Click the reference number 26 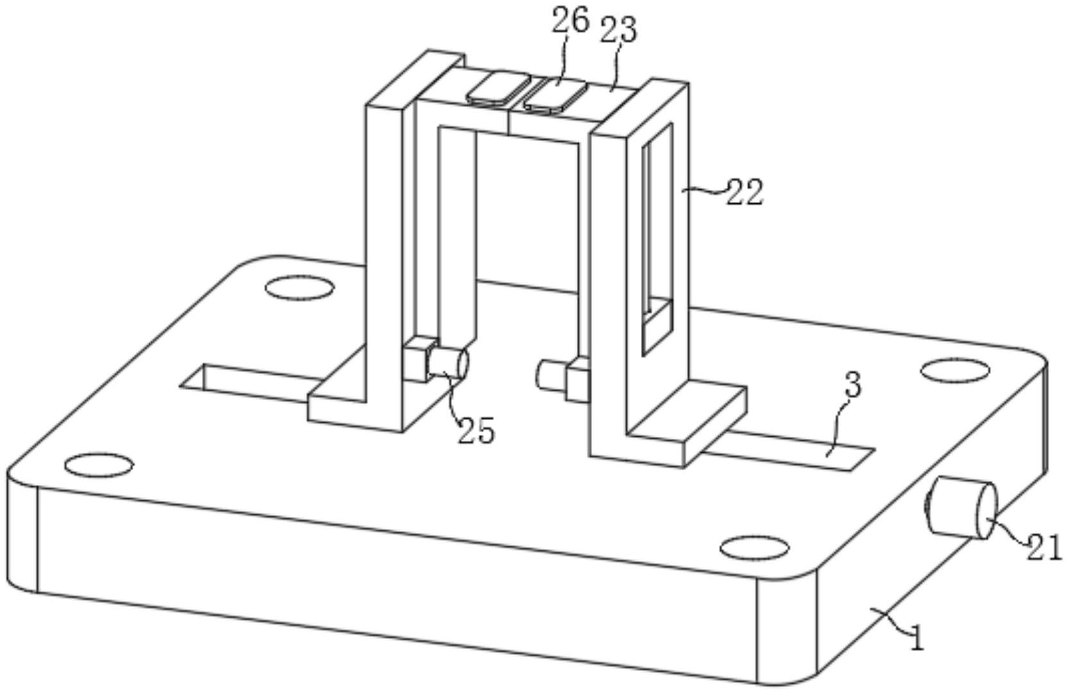570,21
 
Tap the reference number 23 618,30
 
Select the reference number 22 744,192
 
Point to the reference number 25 476,430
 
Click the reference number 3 852,386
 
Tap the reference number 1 918,639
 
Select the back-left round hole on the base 299,288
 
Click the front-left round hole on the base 99,465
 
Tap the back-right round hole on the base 954,371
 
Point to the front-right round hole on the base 754,548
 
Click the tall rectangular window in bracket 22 658,237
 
